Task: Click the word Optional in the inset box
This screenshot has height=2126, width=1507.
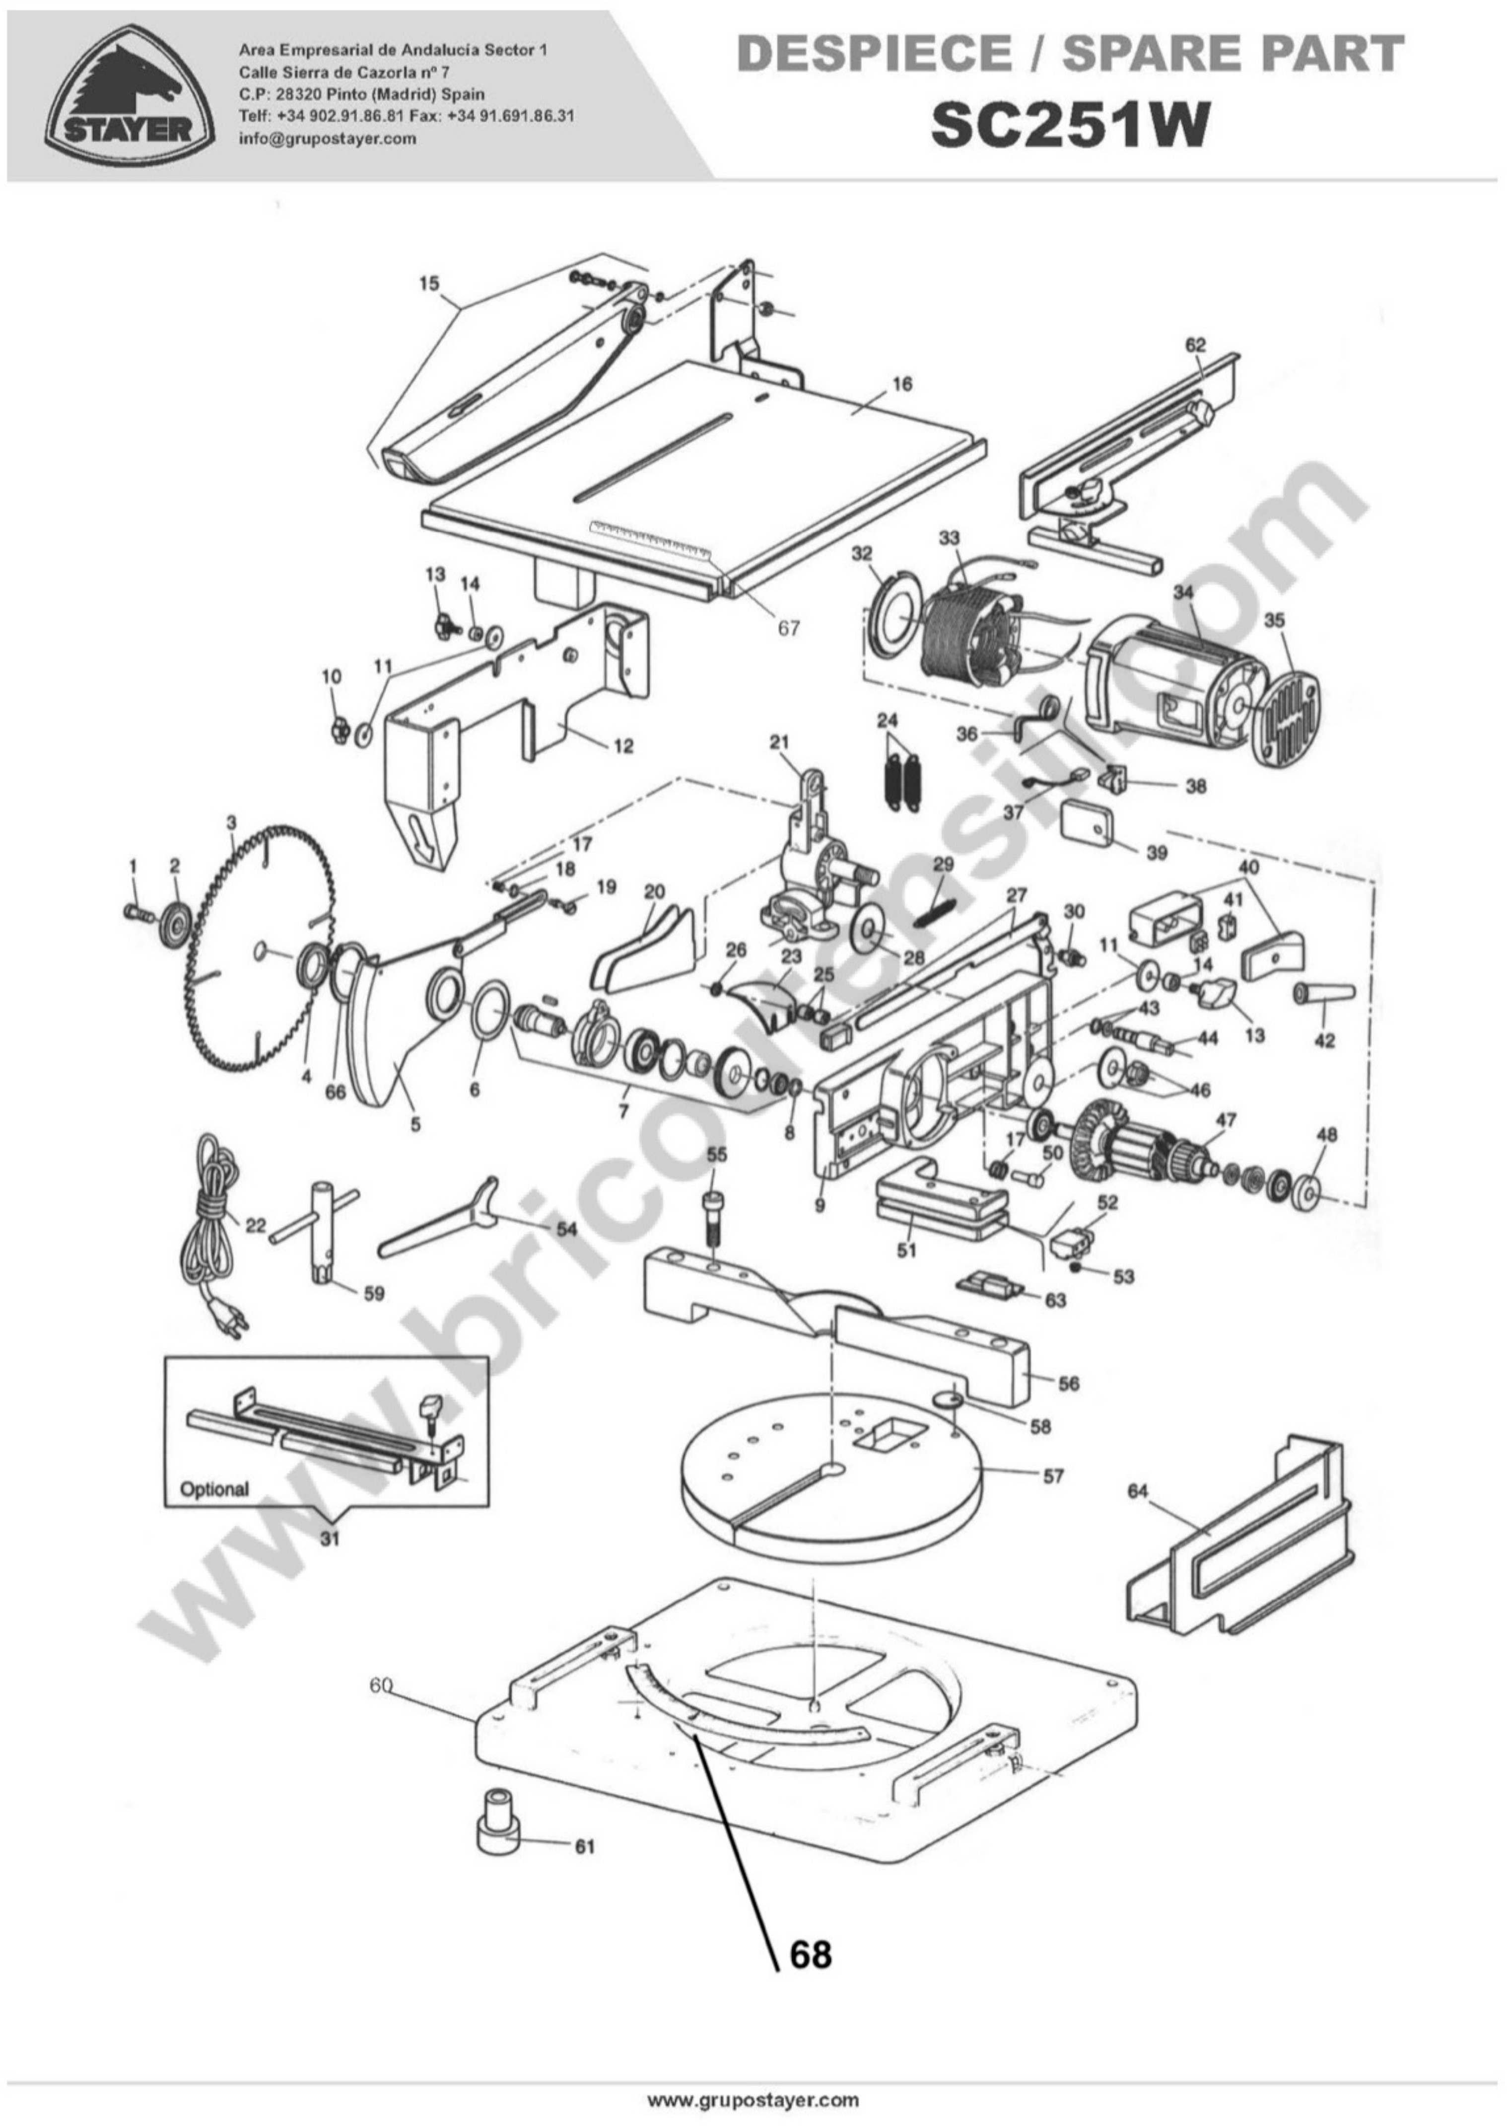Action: coord(214,1489)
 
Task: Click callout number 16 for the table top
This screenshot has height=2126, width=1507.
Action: coord(902,383)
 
